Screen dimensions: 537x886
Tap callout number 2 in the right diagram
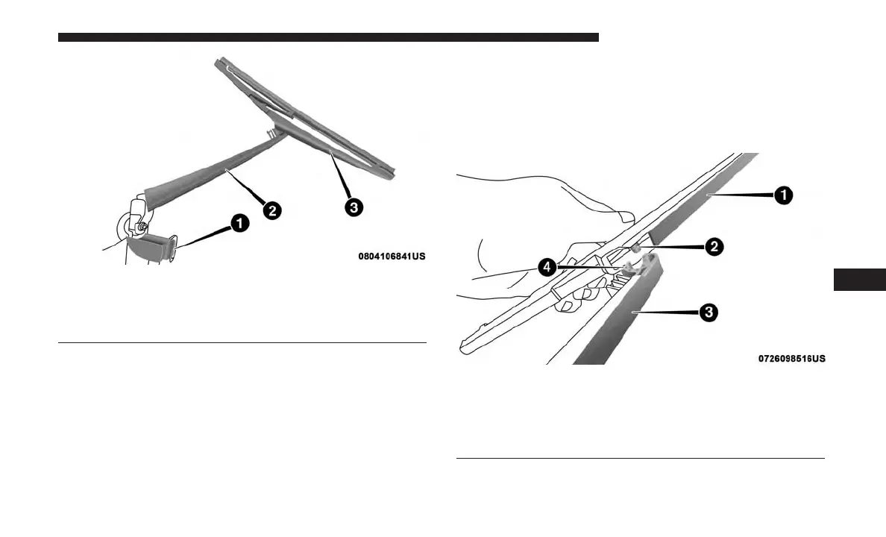click(x=714, y=247)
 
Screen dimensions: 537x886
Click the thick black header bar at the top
click(x=328, y=37)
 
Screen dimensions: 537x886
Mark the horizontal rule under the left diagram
click(x=242, y=343)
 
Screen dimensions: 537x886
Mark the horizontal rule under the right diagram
click(x=640, y=459)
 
